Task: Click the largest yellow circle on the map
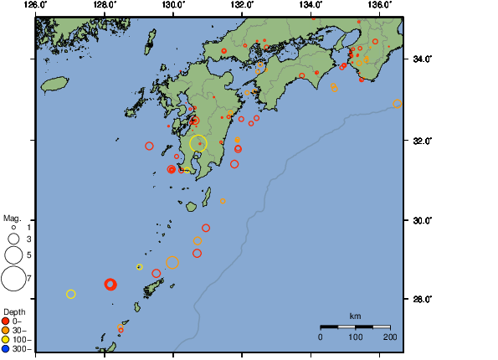(198, 143)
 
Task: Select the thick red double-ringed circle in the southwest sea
(110, 285)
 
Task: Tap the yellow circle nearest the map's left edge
(71, 294)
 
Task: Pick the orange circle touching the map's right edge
(398, 104)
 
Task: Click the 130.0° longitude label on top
(172, 5)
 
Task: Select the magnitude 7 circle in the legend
(13, 277)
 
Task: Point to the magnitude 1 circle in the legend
(13, 227)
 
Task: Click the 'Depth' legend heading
(14, 311)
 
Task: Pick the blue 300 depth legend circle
(7, 349)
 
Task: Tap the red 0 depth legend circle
(7, 321)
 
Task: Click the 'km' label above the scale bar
(355, 316)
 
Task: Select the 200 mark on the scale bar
(390, 337)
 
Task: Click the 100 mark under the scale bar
(355, 337)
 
